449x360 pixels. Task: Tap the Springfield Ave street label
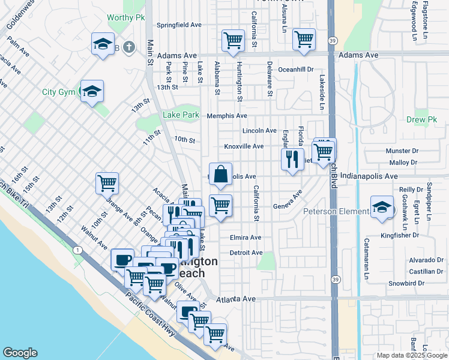(179, 25)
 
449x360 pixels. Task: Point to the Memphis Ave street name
(227, 116)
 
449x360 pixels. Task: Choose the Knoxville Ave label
(244, 146)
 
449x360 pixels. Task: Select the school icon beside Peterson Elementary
(382, 208)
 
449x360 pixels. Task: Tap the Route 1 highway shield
(77, 249)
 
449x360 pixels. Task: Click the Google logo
(20, 352)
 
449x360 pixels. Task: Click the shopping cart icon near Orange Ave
(107, 183)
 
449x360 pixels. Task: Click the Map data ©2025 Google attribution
(411, 355)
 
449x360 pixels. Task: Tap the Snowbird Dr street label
(425, 283)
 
